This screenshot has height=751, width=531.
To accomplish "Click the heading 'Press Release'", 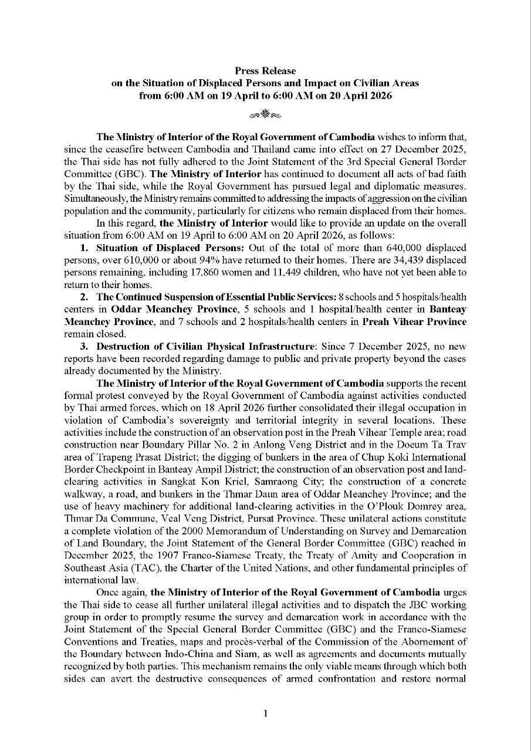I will [265, 71].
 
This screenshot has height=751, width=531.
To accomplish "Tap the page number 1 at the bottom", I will [265, 713].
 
